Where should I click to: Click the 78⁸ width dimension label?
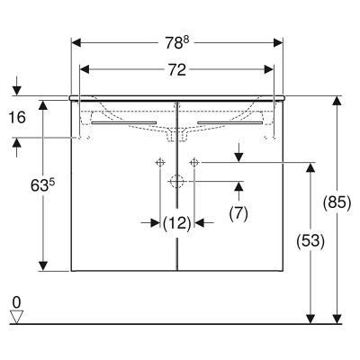(177, 43)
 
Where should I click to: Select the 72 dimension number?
(177, 70)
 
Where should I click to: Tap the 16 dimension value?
(17, 117)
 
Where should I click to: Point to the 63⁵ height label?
(43, 185)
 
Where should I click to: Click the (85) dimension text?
(337, 203)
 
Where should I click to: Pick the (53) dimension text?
(310, 241)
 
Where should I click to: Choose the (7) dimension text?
(238, 214)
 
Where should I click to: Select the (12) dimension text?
(177, 223)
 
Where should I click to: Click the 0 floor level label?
(16, 302)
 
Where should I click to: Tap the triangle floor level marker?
(16, 317)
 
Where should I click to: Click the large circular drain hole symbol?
(177, 182)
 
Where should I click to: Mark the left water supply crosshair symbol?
(160, 163)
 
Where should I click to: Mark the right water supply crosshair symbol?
(194, 163)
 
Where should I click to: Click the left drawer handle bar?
(124, 122)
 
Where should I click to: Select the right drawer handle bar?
(230, 122)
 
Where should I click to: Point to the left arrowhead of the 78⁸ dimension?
(76, 43)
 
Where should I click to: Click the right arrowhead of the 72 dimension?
(268, 70)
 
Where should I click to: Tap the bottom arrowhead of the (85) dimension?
(337, 319)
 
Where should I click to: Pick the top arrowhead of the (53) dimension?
(310, 167)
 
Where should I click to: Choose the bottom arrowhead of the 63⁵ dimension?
(43, 266)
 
